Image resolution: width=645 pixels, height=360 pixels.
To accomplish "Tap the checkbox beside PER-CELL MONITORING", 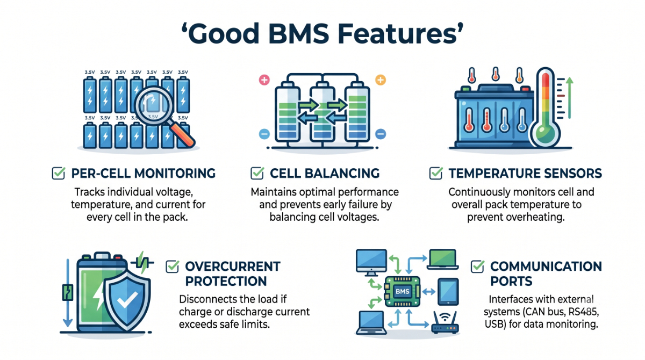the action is pyautogui.click(x=59, y=173).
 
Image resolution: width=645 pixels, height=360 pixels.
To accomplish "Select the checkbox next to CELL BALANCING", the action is pyautogui.click(x=257, y=173).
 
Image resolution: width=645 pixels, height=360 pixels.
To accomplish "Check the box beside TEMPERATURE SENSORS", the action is pyautogui.click(x=436, y=173).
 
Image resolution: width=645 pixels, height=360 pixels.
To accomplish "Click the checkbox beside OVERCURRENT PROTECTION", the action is pyautogui.click(x=172, y=267).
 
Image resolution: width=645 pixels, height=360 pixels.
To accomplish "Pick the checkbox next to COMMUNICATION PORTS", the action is pyautogui.click(x=477, y=267).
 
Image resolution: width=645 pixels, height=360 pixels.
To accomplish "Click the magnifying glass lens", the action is pyautogui.click(x=154, y=105).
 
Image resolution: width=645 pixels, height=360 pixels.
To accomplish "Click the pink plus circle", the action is pyautogui.click(x=264, y=80).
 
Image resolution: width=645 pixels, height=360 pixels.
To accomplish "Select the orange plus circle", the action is pyautogui.click(x=381, y=80).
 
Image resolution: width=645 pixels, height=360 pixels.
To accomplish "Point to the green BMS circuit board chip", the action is pyautogui.click(x=402, y=292).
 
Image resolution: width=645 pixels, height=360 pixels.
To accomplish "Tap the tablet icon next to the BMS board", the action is pyautogui.click(x=448, y=292).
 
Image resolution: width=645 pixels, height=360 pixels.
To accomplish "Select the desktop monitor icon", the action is pyautogui.click(x=371, y=262).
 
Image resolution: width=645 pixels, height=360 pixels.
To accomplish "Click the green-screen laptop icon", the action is pyautogui.click(x=442, y=260).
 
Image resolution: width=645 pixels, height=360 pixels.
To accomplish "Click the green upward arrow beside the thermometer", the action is pyautogui.click(x=569, y=98).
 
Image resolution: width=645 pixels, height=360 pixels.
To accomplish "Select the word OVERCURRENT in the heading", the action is pyautogui.click(x=233, y=267).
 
